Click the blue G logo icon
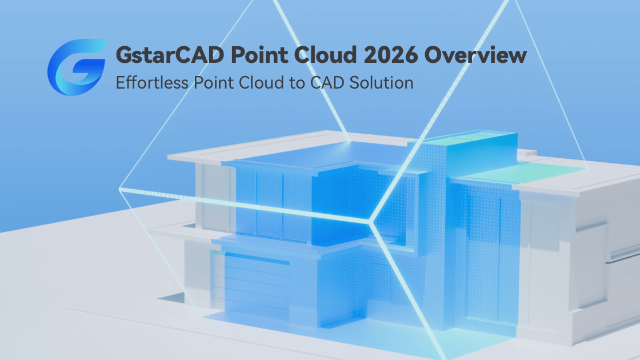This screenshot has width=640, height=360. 76,67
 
